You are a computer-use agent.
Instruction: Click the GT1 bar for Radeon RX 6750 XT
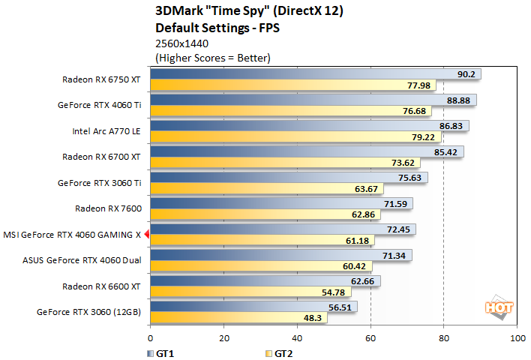[x=315, y=74]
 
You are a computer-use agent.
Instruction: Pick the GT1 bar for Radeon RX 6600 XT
[x=265, y=281]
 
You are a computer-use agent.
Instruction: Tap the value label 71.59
[x=394, y=203]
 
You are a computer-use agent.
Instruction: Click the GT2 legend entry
[x=279, y=352]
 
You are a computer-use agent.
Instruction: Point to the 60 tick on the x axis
[x=370, y=339]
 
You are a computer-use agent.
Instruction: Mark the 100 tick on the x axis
[x=516, y=339]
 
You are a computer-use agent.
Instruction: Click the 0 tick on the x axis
[x=151, y=339]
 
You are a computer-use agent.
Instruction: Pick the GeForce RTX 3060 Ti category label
[x=99, y=182]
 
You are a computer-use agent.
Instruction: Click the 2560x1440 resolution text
[x=181, y=43]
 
